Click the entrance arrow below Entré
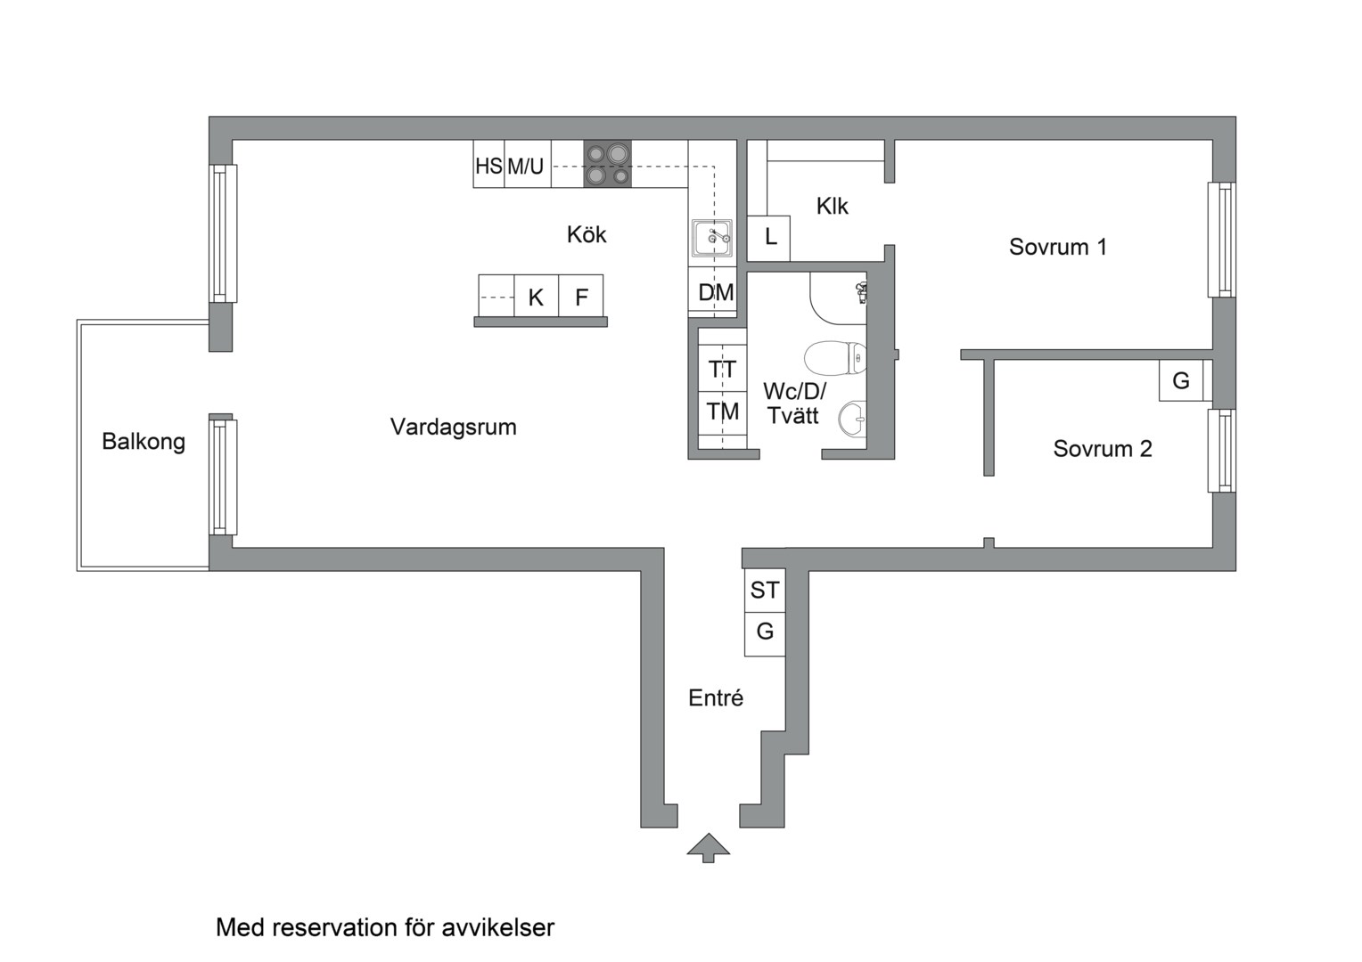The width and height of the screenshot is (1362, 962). [709, 847]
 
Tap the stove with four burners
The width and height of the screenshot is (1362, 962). [607, 164]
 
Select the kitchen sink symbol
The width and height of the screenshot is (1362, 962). [712, 238]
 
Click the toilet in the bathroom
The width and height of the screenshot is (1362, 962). [835, 358]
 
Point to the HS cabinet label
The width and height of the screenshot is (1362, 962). [488, 166]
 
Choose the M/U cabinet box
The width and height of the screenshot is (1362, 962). [527, 166]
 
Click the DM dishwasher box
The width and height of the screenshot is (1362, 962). [715, 292]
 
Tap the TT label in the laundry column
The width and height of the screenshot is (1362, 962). [722, 369]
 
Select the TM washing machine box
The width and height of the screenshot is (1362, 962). [722, 412]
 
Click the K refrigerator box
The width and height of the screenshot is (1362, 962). [536, 297]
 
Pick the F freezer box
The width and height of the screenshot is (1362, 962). [581, 297]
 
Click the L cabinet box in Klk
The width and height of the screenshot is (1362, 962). [769, 238]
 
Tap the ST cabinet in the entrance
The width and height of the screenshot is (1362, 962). [765, 590]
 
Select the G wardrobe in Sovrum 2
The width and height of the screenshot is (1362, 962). [1181, 380]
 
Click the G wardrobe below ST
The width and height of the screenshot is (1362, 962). [765, 632]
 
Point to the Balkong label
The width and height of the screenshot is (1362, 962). [144, 442]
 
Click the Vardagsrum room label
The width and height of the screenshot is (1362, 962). [453, 427]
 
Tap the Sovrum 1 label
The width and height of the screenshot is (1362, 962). [1057, 247]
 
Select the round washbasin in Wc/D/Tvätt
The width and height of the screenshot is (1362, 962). [853, 419]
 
